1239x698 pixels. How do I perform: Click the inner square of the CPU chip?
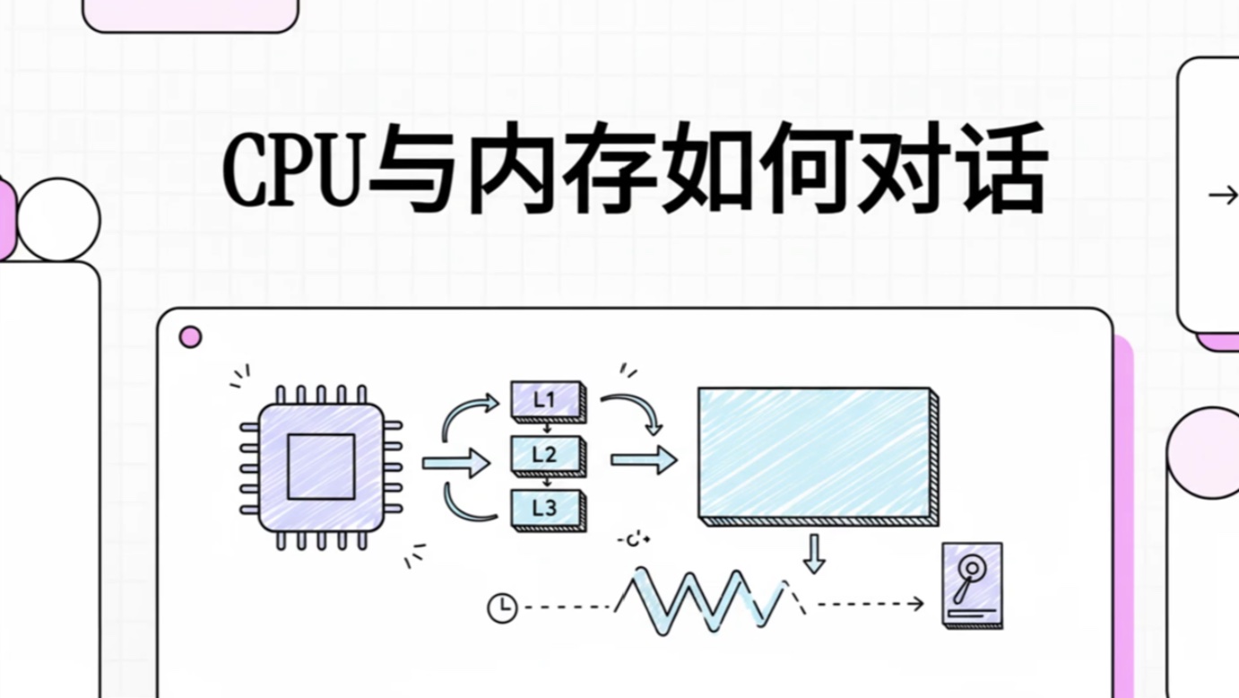[321, 467]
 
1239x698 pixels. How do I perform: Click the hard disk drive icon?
[973, 584]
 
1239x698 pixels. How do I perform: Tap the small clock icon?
[502, 607]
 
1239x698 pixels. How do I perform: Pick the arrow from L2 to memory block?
[643, 460]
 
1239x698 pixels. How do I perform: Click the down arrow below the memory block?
[814, 554]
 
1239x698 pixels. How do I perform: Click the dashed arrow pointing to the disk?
[870, 604]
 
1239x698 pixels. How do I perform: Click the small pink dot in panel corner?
[190, 337]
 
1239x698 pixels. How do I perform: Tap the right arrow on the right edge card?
[1222, 195]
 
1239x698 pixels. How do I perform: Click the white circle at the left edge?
[59, 220]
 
